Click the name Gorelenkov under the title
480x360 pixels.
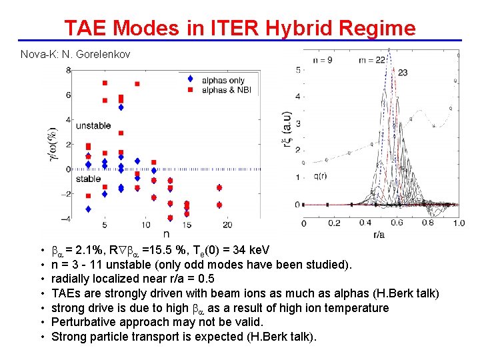tap(102, 53)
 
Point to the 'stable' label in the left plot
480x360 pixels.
tap(89, 179)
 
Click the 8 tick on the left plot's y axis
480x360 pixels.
tap(69, 70)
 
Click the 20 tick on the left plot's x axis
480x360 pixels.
tap(228, 224)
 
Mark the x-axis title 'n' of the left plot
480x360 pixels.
tap(165, 234)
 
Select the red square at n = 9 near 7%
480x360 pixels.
tap(137, 84)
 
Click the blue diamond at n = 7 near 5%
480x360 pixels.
tap(121, 107)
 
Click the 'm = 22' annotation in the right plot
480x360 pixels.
tap(372, 61)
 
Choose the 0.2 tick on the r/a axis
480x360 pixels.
tap(334, 223)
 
